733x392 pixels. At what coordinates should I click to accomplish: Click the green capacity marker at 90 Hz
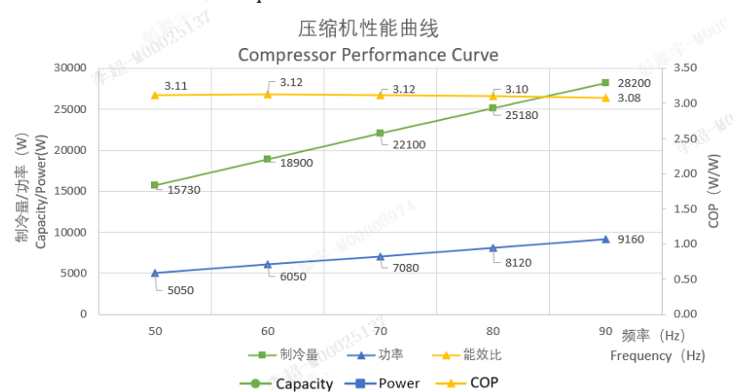point(605,83)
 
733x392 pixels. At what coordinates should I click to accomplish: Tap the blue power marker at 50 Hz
point(155,273)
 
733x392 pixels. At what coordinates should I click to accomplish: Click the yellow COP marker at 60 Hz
point(267,93)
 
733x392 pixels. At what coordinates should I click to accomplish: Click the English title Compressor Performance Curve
point(368,54)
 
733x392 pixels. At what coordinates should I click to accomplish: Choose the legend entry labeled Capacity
point(304,384)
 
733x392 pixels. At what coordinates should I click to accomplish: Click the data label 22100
point(409,143)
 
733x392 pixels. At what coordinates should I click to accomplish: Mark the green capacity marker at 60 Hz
point(267,159)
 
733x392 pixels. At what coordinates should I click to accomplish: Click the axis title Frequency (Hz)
point(657,356)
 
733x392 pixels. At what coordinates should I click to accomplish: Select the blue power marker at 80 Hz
point(492,248)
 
